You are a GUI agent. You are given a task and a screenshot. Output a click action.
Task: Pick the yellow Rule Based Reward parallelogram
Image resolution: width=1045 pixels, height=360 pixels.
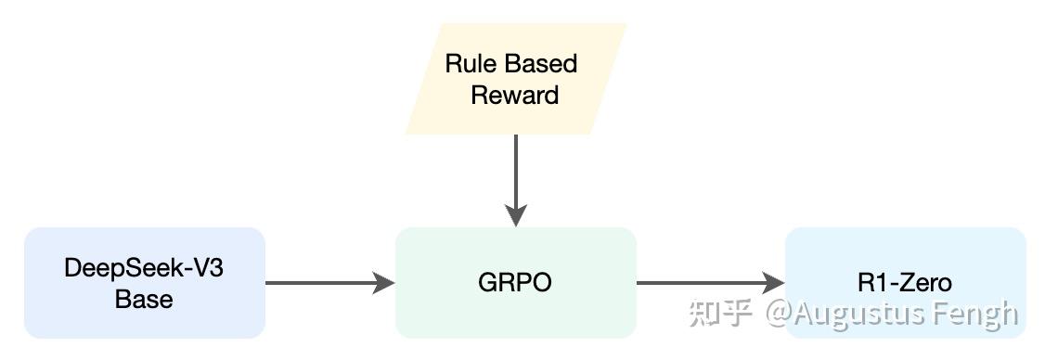[515, 79]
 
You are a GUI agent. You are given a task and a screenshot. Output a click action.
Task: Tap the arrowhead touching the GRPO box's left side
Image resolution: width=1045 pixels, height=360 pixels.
[385, 282]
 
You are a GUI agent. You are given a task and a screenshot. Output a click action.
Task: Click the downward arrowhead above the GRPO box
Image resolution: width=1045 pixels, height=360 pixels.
[515, 215]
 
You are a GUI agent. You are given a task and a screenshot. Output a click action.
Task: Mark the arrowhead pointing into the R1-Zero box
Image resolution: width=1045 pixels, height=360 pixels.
[774, 282]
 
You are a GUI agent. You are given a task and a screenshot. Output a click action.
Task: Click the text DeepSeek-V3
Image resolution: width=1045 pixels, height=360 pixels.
[144, 268]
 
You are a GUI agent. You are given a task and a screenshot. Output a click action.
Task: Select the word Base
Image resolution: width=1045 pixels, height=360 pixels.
[144, 299]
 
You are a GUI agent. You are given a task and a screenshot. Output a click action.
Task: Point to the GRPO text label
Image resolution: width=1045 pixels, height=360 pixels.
[515, 282]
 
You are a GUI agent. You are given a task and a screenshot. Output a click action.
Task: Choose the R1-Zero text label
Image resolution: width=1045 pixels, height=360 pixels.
[905, 282]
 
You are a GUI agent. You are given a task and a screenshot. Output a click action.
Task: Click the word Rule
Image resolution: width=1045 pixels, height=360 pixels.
[471, 63]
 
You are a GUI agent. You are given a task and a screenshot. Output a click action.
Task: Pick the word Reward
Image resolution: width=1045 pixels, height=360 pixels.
[515, 95]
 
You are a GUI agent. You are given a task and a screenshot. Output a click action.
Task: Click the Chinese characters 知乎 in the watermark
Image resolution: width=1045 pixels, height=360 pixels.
[719, 314]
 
